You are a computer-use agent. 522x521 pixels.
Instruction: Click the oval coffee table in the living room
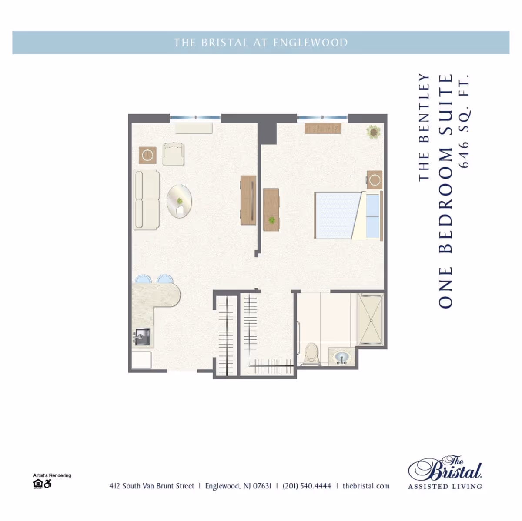coord(179,202)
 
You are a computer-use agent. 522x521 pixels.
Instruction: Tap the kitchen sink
coord(141,337)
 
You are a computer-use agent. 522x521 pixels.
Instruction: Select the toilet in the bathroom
coord(311,354)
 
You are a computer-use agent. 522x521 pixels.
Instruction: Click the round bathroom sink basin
coord(341,358)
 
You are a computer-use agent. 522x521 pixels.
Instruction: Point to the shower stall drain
coord(371,320)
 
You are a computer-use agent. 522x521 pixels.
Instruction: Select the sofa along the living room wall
coord(146,199)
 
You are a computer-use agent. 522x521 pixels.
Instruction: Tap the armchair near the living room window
coord(174,154)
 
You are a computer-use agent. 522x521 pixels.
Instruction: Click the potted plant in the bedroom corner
coord(373,132)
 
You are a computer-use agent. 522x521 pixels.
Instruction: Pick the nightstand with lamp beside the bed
coord(375,179)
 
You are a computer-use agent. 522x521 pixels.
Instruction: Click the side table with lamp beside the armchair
coord(147,155)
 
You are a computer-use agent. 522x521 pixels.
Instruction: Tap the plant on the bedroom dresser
coord(272,221)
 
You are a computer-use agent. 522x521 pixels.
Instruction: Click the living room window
coord(195,117)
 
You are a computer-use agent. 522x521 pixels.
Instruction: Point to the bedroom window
coord(322,117)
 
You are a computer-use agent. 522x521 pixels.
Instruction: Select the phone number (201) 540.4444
coord(307,486)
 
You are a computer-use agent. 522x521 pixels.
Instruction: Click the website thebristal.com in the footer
coord(366,486)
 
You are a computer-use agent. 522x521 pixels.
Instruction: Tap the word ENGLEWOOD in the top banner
coord(310,43)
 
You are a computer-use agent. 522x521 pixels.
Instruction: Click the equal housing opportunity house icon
coord(38,484)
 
